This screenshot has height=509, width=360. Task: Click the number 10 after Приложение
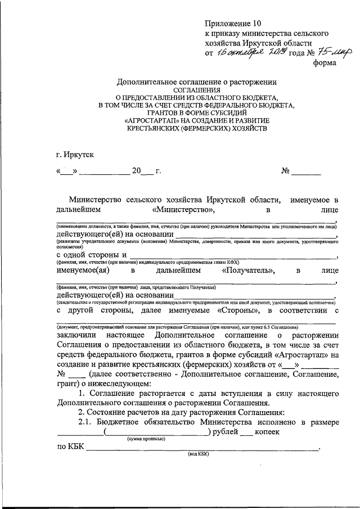(256, 24)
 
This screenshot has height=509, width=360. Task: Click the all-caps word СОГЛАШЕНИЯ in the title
(197, 89)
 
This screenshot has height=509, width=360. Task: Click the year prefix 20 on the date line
(136, 172)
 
